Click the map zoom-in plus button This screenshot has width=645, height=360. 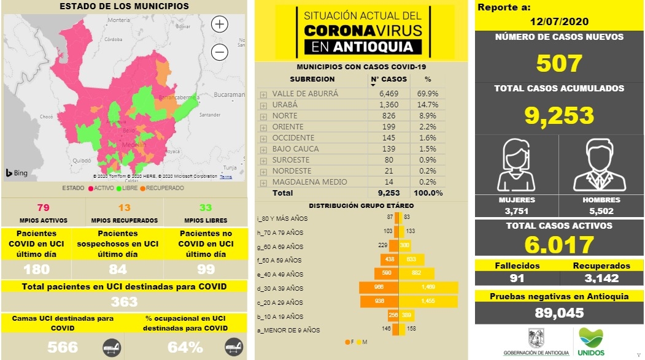[x=219, y=25]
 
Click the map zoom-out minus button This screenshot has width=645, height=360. [x=219, y=53]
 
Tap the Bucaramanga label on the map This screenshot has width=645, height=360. [x=230, y=95]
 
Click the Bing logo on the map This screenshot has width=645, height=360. [x=17, y=173]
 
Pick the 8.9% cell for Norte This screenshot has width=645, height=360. [x=429, y=115]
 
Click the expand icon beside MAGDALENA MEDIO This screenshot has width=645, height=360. [x=263, y=182]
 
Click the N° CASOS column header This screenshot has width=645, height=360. [x=388, y=79]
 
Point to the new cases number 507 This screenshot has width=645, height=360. [x=558, y=63]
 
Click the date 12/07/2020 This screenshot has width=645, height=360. [x=558, y=21]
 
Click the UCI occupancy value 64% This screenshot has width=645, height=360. [x=185, y=347]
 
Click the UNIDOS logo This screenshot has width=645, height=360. [x=591, y=341]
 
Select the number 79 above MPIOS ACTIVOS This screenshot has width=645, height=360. [x=43, y=207]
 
